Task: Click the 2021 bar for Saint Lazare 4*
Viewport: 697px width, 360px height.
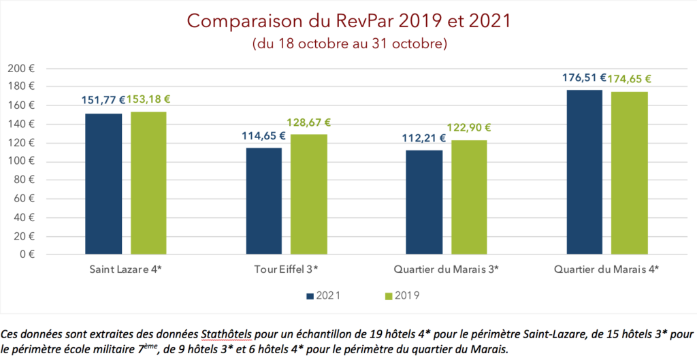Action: [103, 184]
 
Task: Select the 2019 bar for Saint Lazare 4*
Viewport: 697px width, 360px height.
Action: [148, 183]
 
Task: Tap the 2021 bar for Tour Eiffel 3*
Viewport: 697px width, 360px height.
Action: [263, 201]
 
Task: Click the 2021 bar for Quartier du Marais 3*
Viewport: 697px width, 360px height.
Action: [424, 202]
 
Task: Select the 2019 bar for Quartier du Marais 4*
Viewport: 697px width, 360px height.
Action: [630, 173]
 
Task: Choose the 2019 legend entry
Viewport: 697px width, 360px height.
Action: [401, 295]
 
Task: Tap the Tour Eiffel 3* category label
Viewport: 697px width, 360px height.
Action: [286, 269]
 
